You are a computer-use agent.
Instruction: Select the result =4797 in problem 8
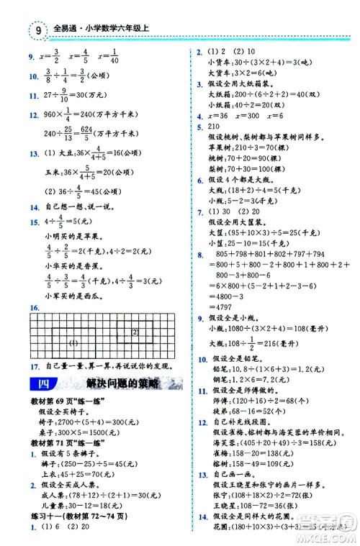pos(222,304)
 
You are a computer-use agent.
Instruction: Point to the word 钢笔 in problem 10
pos(215,378)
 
